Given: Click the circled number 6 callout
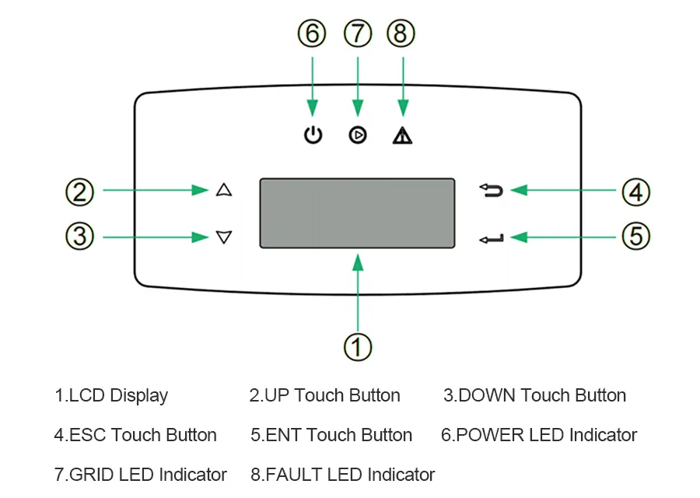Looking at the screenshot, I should [x=312, y=33].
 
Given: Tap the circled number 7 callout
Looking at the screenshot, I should [x=357, y=33].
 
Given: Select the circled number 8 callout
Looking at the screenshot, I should [x=401, y=33].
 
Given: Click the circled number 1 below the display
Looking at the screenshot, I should [x=357, y=348].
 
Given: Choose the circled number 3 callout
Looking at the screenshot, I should [x=79, y=236].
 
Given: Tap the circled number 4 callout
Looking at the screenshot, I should [x=635, y=191].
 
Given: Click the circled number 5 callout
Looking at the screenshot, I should [x=635, y=236].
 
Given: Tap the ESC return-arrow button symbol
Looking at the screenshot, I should [x=492, y=190].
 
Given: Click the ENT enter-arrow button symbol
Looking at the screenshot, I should [x=492, y=237].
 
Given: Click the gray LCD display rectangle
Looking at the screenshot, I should [x=357, y=213].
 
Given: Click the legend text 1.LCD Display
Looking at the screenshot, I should [x=110, y=395].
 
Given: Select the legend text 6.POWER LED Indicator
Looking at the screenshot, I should [x=539, y=435].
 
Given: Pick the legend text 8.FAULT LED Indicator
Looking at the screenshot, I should [x=342, y=475].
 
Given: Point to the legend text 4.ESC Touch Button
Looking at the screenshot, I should [x=135, y=435].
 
